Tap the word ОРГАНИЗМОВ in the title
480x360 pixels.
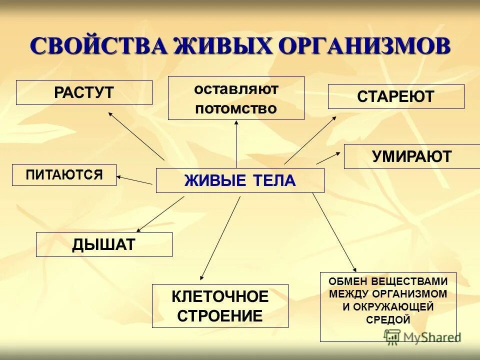(363, 46)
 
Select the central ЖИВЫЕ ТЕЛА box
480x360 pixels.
(240, 180)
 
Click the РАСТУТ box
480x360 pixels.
(84, 92)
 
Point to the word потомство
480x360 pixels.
(236, 108)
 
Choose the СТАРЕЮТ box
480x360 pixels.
(396, 96)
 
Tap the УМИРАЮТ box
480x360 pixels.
(411, 156)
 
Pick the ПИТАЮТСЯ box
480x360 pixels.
(64, 175)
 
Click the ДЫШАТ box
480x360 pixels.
(104, 244)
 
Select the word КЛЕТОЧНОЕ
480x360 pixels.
(220, 297)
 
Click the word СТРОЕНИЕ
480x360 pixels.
(220, 316)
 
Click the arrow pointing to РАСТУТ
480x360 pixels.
(136, 135)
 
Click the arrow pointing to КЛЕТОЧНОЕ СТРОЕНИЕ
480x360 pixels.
(220, 237)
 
